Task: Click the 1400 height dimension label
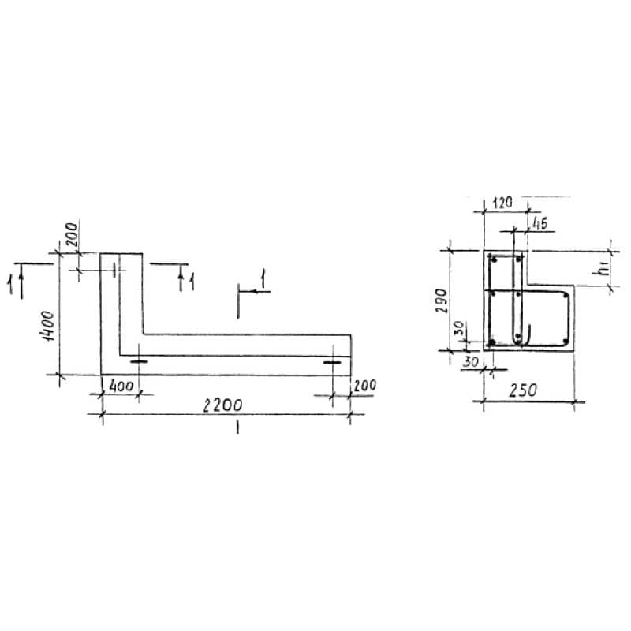tap(48, 326)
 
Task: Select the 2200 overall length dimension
tap(222, 405)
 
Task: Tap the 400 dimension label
tap(121, 386)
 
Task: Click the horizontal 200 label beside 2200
tap(364, 386)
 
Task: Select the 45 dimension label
tap(540, 222)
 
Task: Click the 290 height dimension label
tap(442, 301)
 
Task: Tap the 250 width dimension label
tap(523, 390)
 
